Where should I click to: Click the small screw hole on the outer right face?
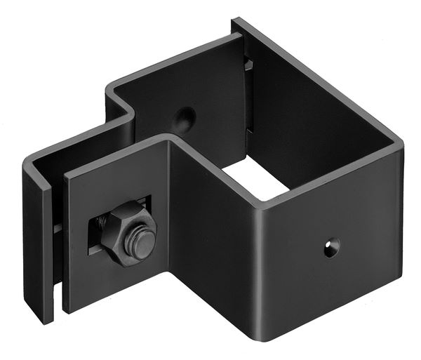point(330,247)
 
